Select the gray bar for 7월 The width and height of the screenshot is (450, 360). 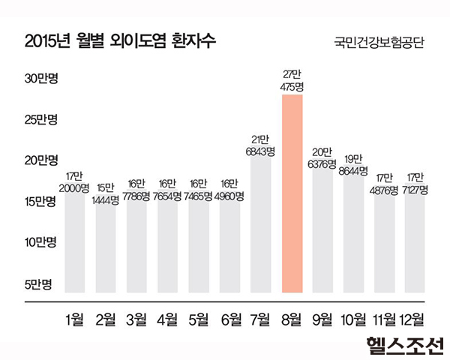(x=261, y=225)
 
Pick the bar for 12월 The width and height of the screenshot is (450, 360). (x=415, y=244)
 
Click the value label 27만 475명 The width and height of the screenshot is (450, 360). (x=292, y=81)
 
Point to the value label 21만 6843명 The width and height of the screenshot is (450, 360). (x=261, y=145)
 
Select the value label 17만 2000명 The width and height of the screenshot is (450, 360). (x=75, y=182)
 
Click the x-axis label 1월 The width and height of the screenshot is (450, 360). (x=75, y=320)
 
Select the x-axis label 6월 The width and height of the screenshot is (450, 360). (x=230, y=320)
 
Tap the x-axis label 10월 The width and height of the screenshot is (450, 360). (x=353, y=320)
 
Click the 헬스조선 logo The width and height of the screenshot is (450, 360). (x=404, y=344)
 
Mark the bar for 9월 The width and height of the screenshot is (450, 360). (x=322, y=229)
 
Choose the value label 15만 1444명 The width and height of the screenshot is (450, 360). (x=106, y=195)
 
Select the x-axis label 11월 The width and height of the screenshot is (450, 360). (x=384, y=320)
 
